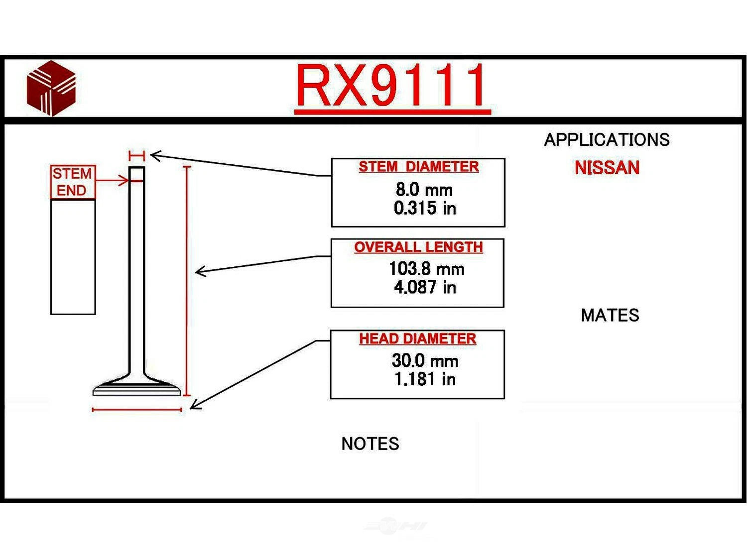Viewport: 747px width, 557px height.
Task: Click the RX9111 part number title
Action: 392,86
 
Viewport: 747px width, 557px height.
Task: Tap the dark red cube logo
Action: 51,89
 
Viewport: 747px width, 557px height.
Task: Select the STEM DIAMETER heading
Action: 418,167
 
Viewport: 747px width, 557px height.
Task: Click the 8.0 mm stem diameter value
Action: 424,190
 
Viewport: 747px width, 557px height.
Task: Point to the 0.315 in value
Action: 425,208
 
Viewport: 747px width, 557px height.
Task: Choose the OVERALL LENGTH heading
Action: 418,247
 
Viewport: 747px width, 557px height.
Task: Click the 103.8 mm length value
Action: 426,269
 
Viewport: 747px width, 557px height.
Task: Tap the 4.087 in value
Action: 425,287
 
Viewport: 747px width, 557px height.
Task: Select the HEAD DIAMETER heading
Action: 417,338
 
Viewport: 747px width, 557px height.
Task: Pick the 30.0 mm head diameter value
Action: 425,360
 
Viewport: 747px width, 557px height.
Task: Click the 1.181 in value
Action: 425,379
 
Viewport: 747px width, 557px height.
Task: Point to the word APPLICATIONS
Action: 607,140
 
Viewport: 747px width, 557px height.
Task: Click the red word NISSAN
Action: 607,168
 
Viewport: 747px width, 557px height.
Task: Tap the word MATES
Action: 610,315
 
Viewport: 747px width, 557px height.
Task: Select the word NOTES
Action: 370,444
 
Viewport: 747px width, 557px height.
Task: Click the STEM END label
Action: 73,182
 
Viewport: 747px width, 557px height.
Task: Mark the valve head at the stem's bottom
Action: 137,388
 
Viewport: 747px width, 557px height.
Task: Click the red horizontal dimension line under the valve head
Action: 137,410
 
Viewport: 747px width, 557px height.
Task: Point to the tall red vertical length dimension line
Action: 187,281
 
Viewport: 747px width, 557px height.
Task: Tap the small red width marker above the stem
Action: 136,156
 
